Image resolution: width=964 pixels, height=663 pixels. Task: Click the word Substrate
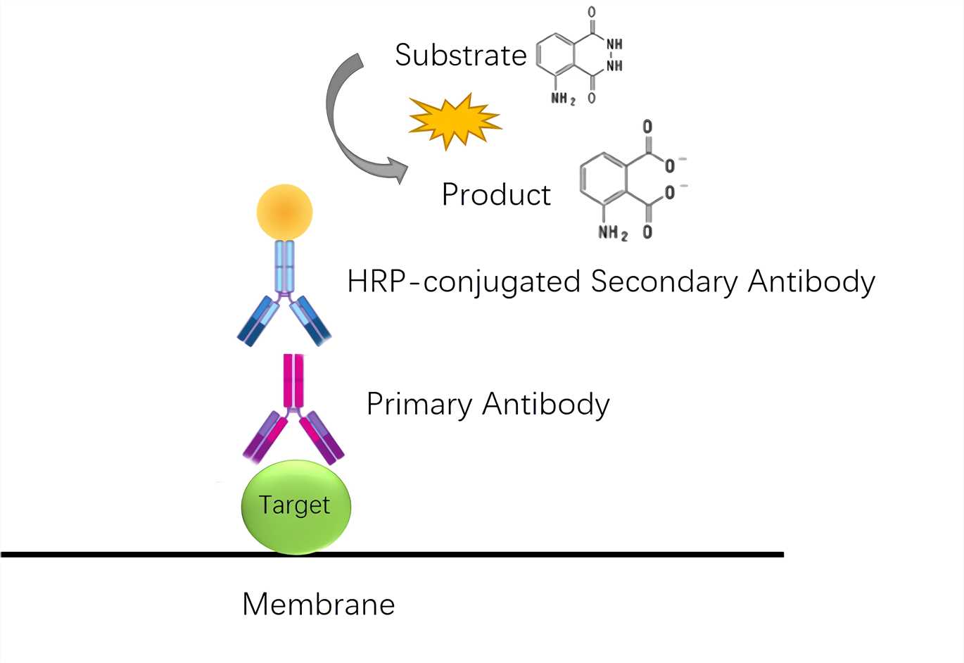click(x=460, y=56)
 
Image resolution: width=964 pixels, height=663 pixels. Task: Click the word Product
click(x=496, y=195)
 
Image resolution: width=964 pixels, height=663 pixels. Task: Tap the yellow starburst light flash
click(x=454, y=121)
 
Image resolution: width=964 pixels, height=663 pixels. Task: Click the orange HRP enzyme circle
click(x=284, y=212)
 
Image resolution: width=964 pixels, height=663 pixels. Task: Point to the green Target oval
click(x=296, y=506)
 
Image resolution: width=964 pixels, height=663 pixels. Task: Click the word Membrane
click(x=318, y=605)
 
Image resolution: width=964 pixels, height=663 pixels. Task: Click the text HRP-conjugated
click(x=464, y=282)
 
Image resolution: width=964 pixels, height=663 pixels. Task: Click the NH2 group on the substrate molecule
click(x=563, y=99)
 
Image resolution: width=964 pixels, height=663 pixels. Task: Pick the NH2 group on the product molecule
click(x=612, y=232)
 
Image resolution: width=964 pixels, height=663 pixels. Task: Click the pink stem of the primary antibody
click(x=293, y=381)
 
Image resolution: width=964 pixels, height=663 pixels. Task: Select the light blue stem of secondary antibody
click(x=284, y=266)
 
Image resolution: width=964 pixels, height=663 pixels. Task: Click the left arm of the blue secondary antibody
click(x=258, y=321)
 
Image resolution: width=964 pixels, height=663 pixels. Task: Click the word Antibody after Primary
click(x=546, y=405)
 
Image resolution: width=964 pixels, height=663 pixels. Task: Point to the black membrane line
click(x=493, y=555)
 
